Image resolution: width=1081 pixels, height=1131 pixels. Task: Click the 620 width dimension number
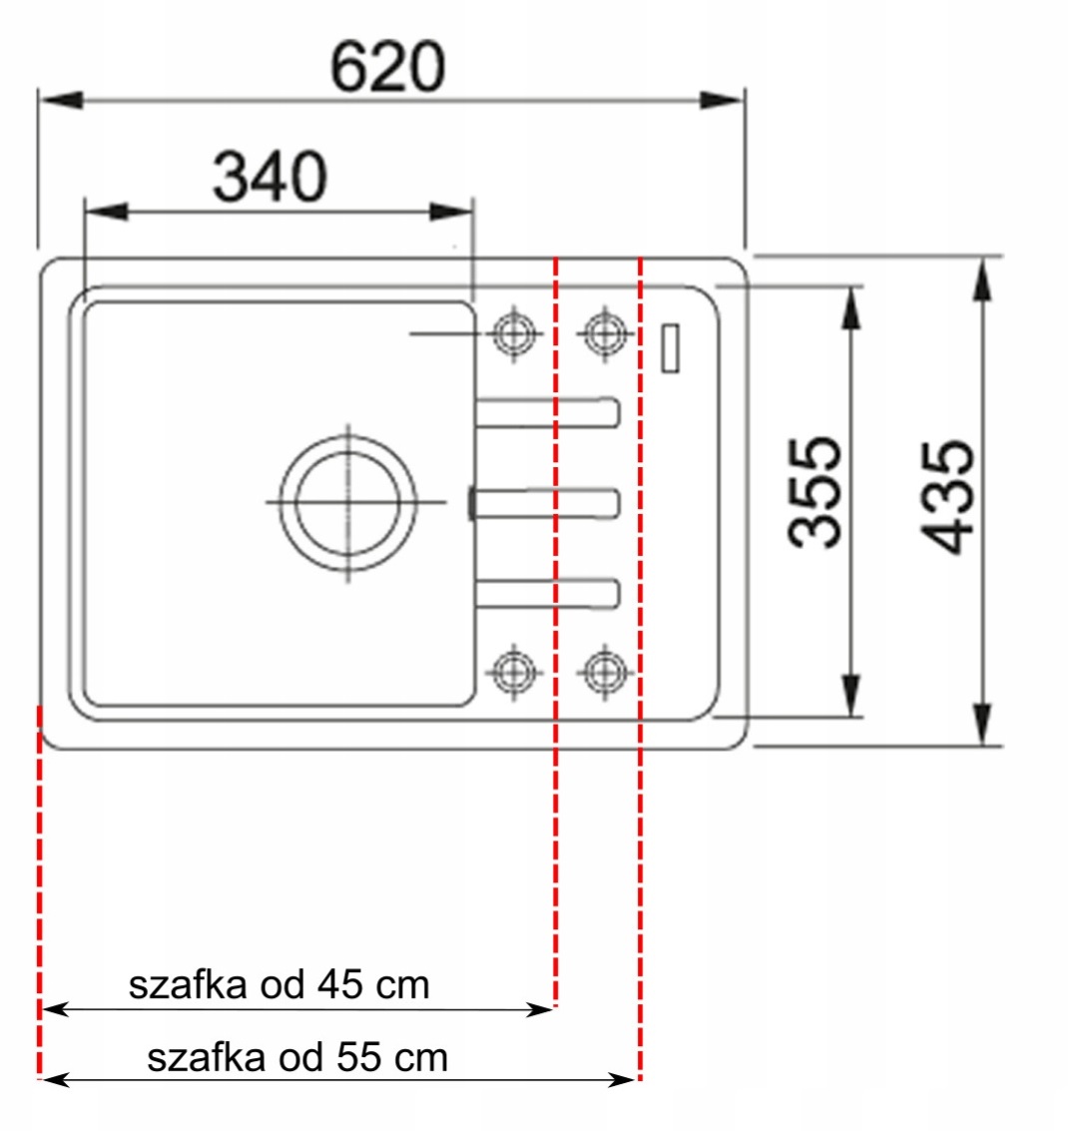pyautogui.click(x=387, y=67)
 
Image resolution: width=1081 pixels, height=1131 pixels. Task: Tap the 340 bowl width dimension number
pyautogui.click(x=270, y=177)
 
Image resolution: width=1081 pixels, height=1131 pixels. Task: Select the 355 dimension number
pyautogui.click(x=814, y=492)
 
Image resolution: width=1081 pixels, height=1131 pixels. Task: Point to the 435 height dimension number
pyautogui.click(x=947, y=497)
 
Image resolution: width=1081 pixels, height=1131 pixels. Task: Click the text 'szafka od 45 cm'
pyautogui.click(x=279, y=984)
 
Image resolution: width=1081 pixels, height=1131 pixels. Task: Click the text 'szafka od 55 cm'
pyautogui.click(x=297, y=1057)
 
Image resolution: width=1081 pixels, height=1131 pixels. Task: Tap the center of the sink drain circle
pyautogui.click(x=348, y=502)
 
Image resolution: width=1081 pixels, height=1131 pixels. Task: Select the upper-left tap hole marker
pyautogui.click(x=513, y=334)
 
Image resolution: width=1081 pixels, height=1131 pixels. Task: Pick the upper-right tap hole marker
pyautogui.click(x=605, y=334)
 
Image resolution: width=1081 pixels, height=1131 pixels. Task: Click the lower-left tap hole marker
pyautogui.click(x=513, y=672)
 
